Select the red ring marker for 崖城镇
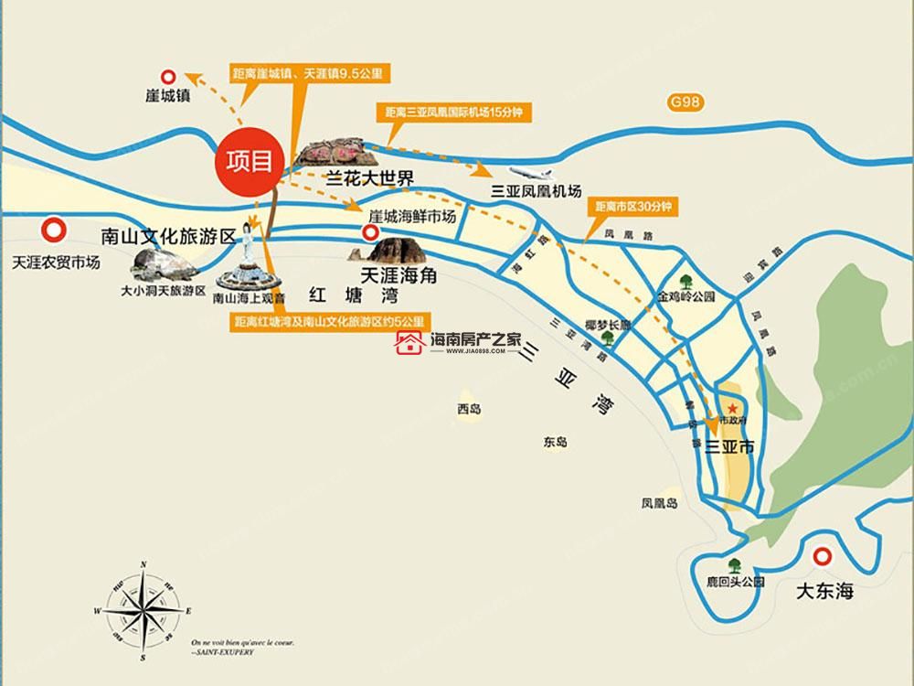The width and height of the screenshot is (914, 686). pos(168,79)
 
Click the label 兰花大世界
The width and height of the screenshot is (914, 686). pos(359,177)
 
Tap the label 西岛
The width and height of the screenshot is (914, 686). pos(469,409)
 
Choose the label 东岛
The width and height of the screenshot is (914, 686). pos(555,442)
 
